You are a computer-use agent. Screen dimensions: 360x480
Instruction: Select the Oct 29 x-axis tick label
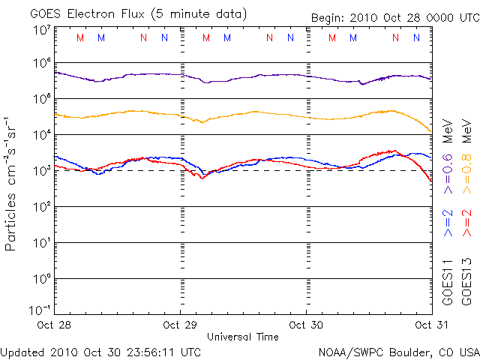pos(181,325)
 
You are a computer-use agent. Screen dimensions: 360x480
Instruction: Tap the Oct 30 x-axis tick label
pos(307,325)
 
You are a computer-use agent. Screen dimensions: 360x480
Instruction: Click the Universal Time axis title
pos(243,337)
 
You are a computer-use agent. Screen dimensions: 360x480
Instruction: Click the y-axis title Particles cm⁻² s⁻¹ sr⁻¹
pos(12,183)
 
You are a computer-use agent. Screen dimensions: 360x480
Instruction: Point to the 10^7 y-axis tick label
pos(41,30)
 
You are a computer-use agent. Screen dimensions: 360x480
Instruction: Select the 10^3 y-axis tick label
pos(41,171)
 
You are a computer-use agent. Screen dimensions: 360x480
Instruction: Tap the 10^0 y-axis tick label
pos(41,279)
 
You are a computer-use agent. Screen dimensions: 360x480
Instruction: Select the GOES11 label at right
pos(448,282)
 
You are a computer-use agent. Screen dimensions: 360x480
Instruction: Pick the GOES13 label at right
pos(467,282)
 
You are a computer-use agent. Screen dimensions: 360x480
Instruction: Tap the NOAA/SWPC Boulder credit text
pos(398,351)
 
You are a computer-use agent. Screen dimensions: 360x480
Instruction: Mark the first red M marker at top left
pos(80,37)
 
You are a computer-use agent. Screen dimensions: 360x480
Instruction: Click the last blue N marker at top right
pos(417,37)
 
